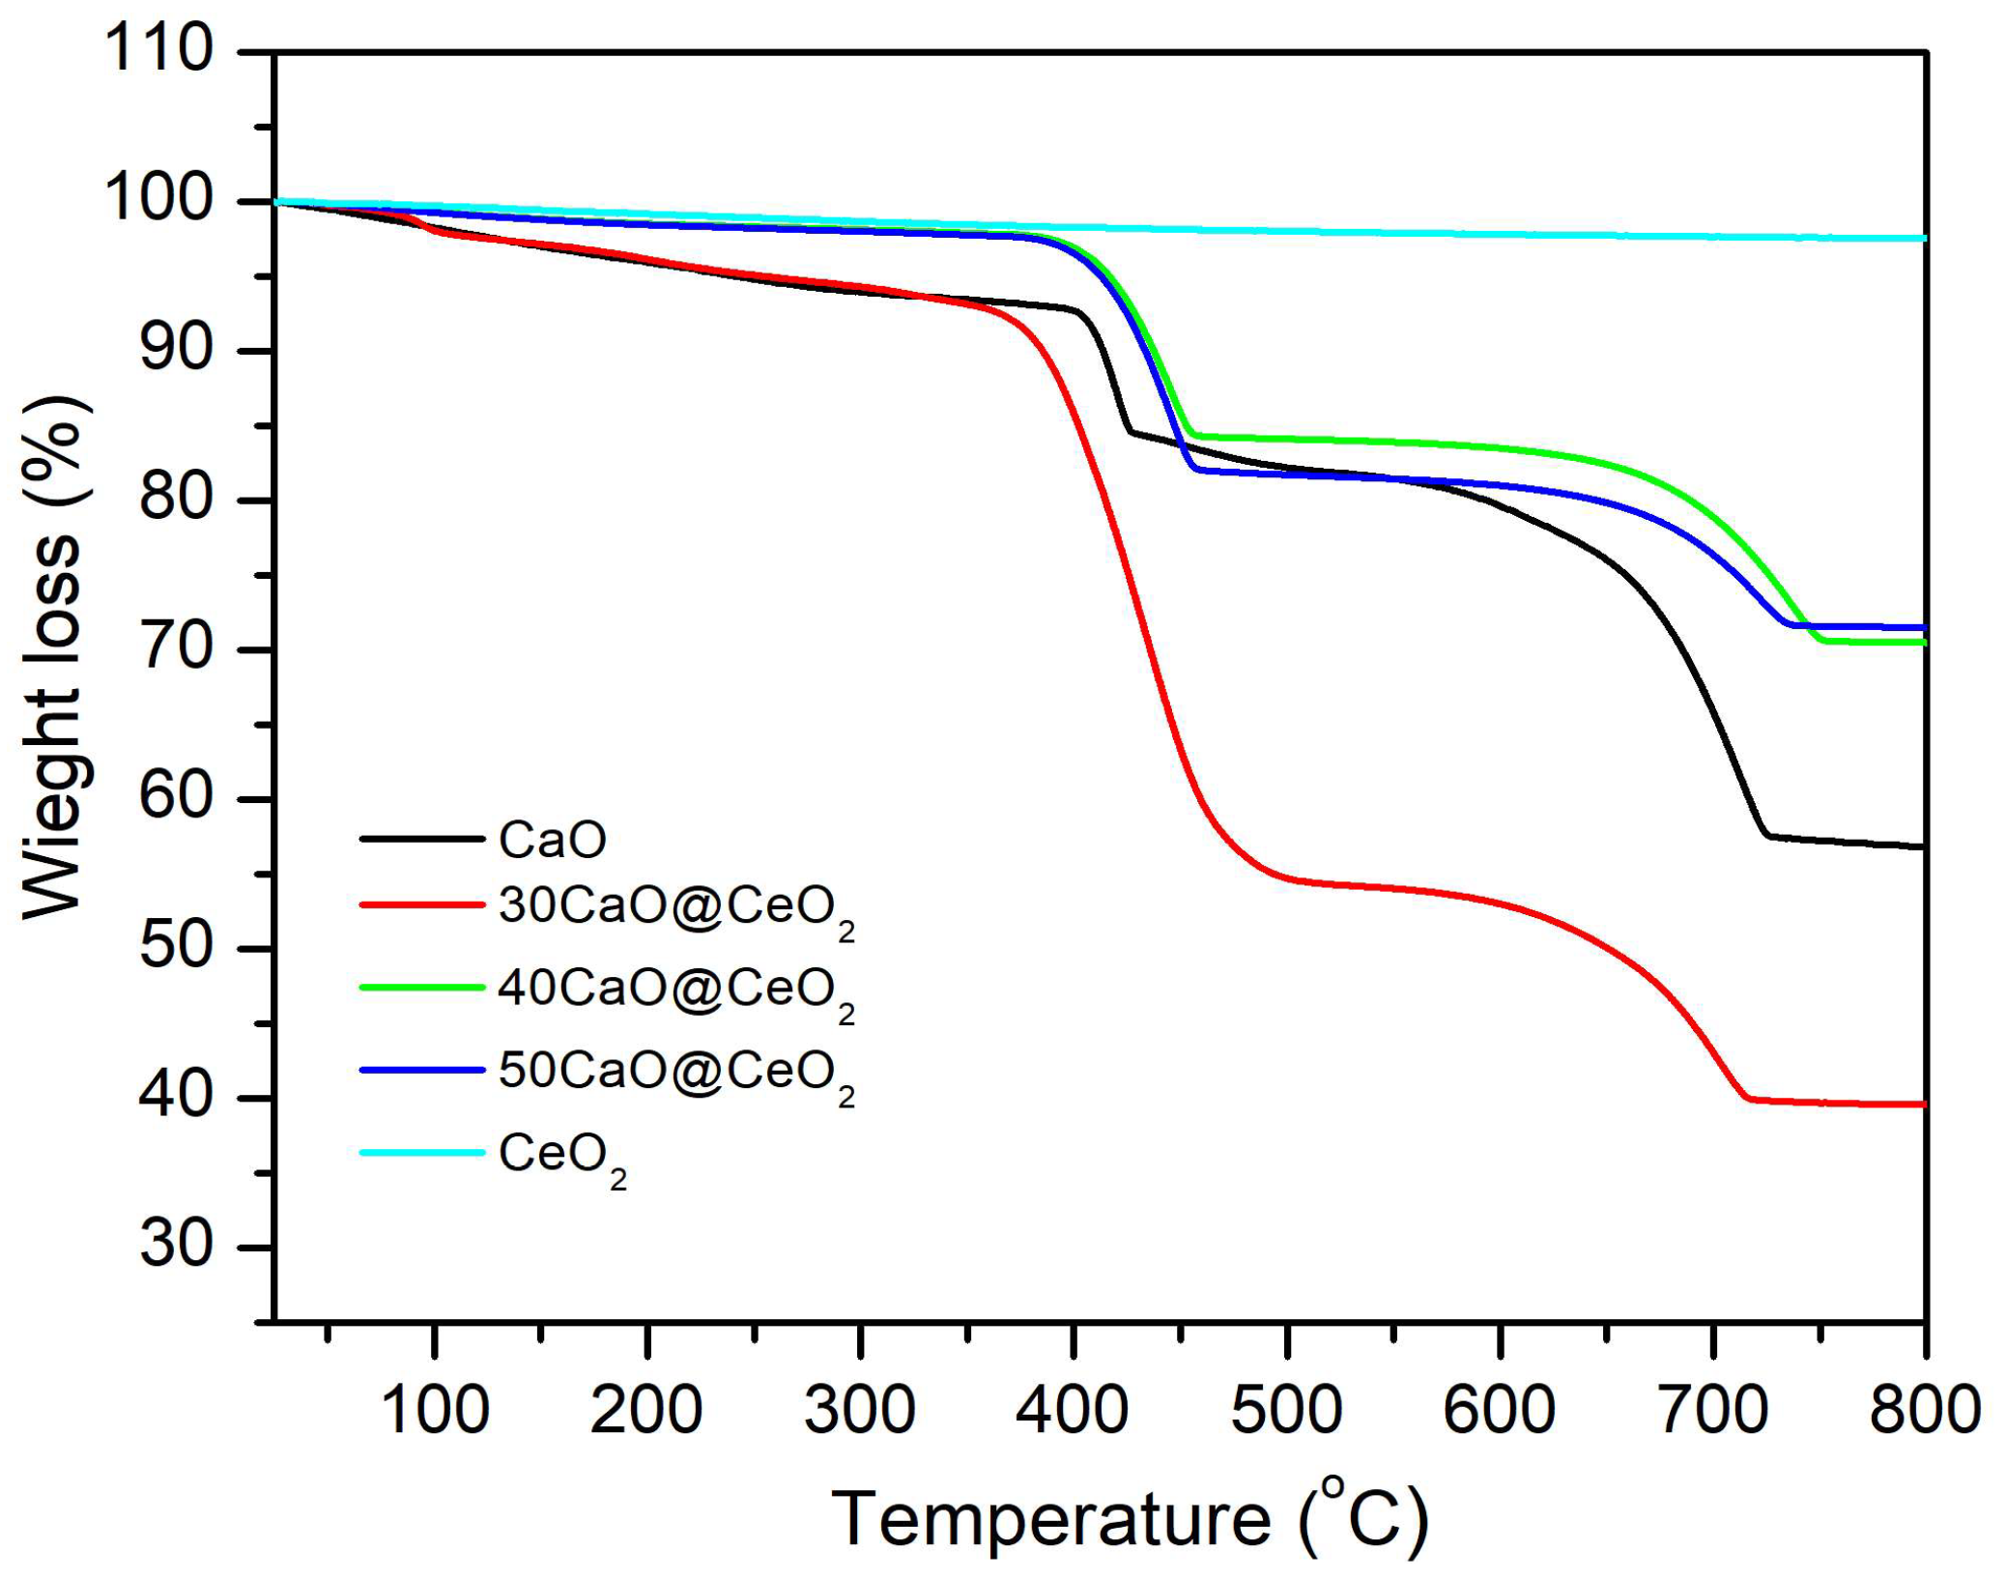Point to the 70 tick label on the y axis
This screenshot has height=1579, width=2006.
click(x=175, y=647)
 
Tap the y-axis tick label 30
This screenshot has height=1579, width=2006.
click(x=175, y=1246)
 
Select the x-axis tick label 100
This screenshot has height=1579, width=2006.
click(x=435, y=1410)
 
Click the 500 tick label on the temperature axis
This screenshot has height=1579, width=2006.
click(x=1286, y=1410)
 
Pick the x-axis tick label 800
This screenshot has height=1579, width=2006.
click(x=1924, y=1410)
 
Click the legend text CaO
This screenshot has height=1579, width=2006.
click(x=552, y=840)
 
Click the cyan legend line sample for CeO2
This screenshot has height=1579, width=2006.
click(x=421, y=1152)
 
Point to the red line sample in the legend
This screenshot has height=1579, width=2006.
click(x=421, y=905)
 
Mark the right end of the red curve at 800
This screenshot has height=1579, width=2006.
click(x=1923, y=1104)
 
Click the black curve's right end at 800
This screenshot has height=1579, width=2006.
click(x=1923, y=847)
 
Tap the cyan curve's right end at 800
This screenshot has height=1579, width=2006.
click(x=1923, y=238)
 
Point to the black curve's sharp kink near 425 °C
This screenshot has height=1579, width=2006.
click(x=1129, y=431)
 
